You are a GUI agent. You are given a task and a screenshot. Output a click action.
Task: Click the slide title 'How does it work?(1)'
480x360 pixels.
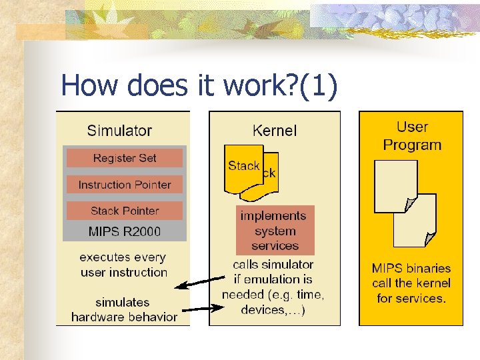(x=199, y=85)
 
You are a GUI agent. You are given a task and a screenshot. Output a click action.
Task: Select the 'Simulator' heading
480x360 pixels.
(x=119, y=131)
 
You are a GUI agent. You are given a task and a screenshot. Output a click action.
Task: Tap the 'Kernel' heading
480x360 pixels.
(x=275, y=131)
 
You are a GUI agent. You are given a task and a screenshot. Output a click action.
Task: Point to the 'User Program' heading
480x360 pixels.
(x=412, y=135)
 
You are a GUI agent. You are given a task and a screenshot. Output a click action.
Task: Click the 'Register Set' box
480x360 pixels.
(x=124, y=158)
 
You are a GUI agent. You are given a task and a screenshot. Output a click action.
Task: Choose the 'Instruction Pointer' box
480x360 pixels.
(x=124, y=185)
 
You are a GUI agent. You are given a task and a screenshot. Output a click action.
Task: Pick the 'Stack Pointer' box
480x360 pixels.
(x=124, y=211)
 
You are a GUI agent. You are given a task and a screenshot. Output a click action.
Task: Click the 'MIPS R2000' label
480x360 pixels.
(x=124, y=232)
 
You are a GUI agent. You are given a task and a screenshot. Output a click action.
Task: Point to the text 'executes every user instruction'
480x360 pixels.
(x=123, y=265)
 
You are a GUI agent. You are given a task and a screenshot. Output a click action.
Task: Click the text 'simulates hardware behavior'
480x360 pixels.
(x=124, y=310)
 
